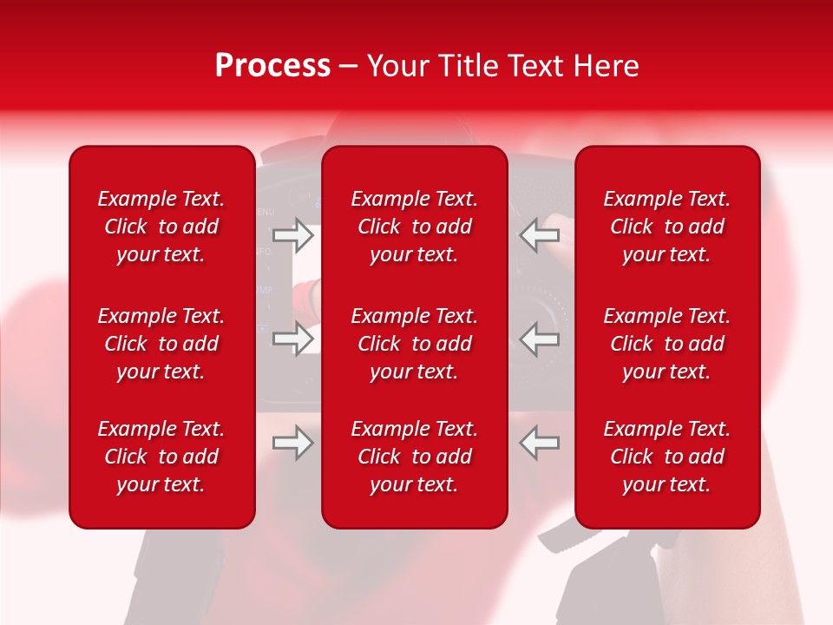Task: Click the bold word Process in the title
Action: (272, 66)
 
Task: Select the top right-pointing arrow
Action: (293, 234)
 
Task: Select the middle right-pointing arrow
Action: (293, 339)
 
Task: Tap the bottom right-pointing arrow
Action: (293, 443)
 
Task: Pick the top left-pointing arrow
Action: (539, 234)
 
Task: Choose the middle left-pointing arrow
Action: (539, 339)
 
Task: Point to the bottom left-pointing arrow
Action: (539, 443)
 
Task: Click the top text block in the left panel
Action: (161, 227)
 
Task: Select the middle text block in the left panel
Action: (161, 344)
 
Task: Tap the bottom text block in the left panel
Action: (161, 457)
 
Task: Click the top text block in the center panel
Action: (415, 227)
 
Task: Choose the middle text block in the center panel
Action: (415, 344)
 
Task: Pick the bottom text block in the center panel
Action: (415, 457)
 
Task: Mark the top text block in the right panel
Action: (667, 227)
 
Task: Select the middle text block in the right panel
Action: (667, 344)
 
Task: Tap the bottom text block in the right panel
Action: (667, 457)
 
